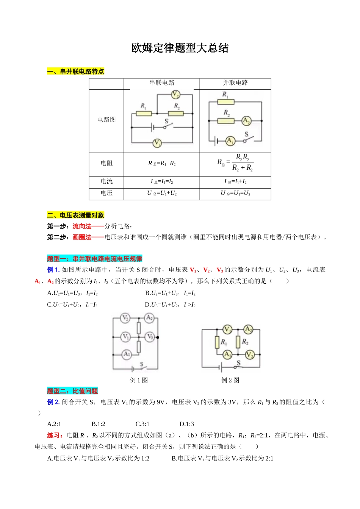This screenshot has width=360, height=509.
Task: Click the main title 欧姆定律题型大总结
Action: (180, 48)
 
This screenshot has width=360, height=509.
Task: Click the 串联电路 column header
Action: (162, 83)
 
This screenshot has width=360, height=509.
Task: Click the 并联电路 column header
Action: (235, 83)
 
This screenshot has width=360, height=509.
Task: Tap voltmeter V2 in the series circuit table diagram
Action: (175, 94)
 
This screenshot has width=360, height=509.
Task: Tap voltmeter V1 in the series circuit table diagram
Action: (157, 143)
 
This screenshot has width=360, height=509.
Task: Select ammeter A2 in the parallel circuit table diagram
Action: (246, 121)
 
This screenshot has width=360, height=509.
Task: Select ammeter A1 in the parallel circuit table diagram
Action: (230, 141)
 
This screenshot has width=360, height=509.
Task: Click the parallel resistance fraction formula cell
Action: (235, 163)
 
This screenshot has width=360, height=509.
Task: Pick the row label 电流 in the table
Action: (106, 181)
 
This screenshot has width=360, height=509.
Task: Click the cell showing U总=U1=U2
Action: (235, 193)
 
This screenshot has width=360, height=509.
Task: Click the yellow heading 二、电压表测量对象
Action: (75, 215)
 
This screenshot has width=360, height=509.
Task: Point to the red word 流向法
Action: (82, 226)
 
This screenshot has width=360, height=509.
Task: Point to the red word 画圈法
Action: (82, 237)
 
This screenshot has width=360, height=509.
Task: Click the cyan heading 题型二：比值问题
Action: (72, 391)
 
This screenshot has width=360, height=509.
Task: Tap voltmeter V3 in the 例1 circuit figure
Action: (149, 337)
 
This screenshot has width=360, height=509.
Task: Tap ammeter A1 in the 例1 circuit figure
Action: (127, 354)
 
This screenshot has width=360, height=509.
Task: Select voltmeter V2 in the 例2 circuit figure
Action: (249, 355)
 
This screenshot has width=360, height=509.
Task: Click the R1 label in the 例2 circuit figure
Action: (224, 342)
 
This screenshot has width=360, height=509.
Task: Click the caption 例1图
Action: (139, 380)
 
